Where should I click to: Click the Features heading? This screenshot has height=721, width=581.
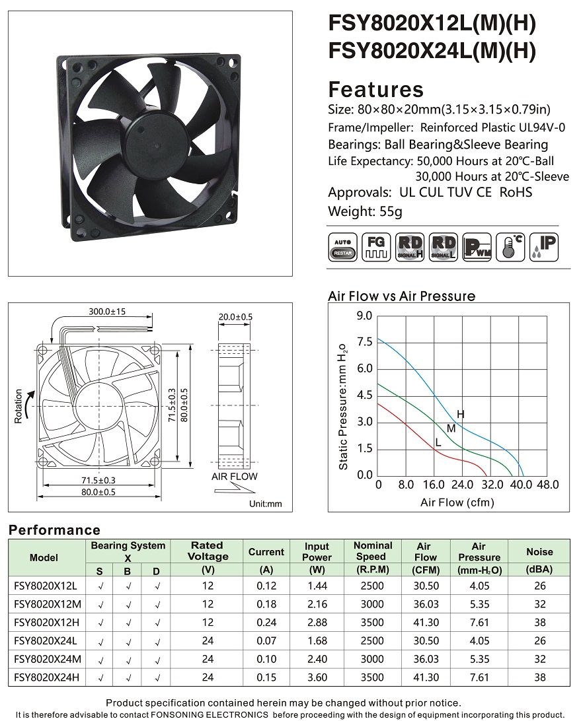pos(375,90)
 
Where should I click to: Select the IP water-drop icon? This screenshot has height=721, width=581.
pos(544,248)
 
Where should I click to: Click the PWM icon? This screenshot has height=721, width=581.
pos(477,248)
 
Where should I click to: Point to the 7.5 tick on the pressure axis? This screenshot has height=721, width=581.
pos(364,341)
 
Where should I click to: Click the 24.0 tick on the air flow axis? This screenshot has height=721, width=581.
pos(462,485)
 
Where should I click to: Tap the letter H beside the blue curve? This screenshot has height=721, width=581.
pos(461,414)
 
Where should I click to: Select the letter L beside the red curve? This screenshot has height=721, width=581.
pos(438,443)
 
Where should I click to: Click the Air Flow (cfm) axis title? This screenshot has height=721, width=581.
pos(457,502)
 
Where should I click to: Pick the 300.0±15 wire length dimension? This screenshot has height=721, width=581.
pos(107,312)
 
